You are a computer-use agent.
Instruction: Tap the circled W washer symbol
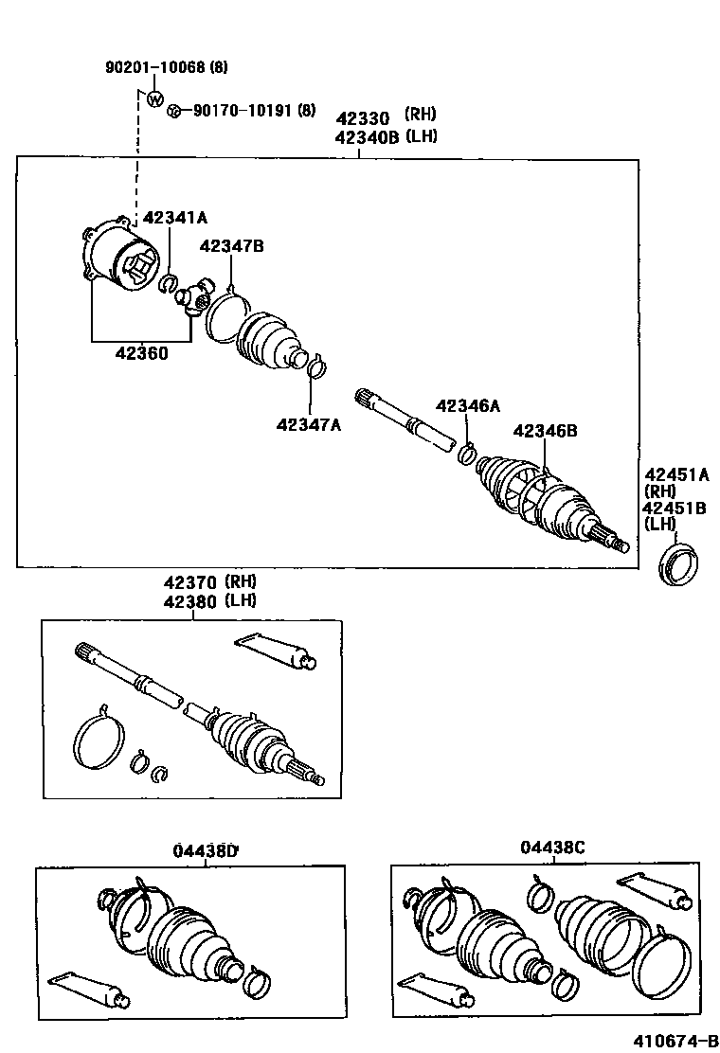click(154, 98)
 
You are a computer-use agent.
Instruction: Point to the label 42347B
click(231, 246)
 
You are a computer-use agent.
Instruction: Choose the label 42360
click(142, 353)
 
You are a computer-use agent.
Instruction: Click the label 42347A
click(309, 424)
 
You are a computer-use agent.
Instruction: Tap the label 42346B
click(545, 430)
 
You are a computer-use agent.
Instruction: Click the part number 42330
click(363, 117)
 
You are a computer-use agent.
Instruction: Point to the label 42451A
click(676, 473)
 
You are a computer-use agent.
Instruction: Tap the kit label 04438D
click(206, 849)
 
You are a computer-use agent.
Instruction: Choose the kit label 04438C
click(552, 848)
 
